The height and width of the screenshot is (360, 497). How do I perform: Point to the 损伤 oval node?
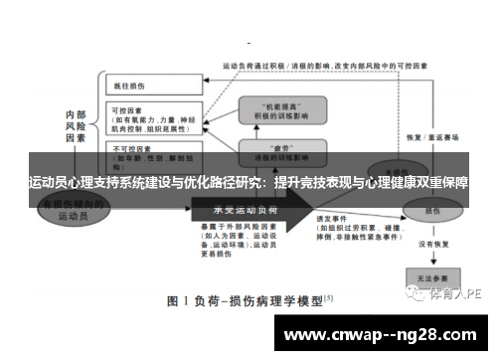tap(430, 211)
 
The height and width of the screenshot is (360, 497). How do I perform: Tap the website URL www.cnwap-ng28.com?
tap(384, 335)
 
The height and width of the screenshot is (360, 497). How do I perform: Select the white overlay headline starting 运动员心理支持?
tap(248, 183)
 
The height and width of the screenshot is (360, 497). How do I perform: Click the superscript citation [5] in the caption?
tap(328, 296)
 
